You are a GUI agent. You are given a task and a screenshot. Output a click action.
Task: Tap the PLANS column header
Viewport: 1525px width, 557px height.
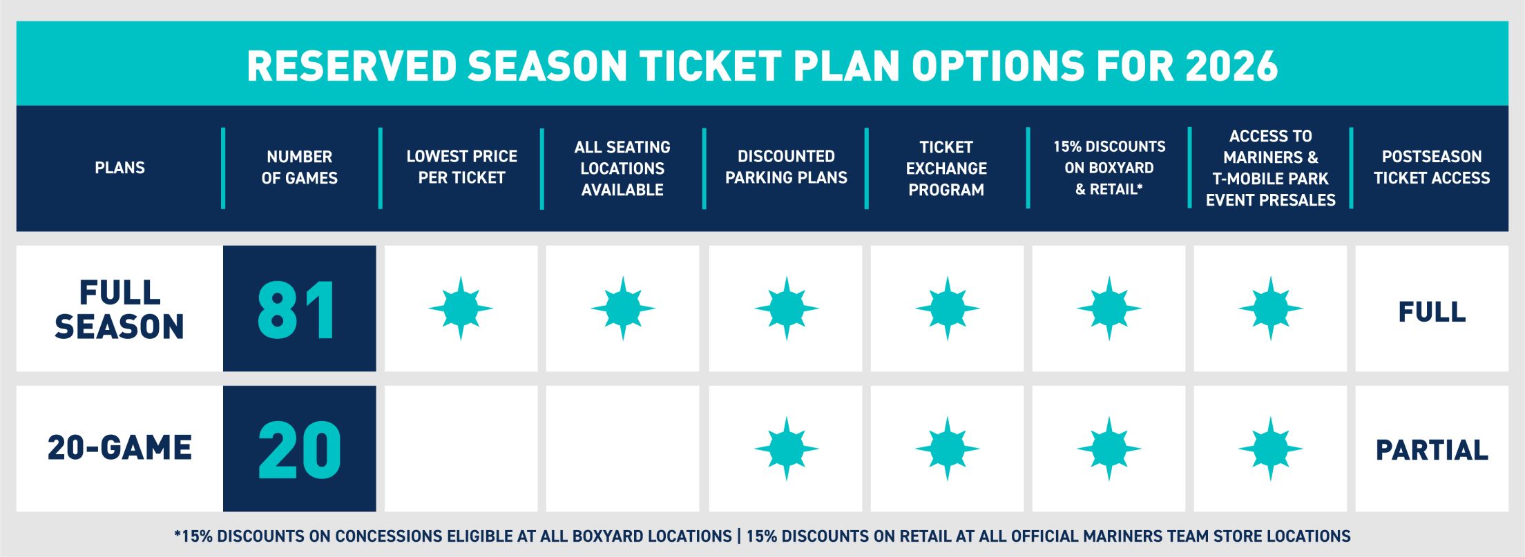coord(119,168)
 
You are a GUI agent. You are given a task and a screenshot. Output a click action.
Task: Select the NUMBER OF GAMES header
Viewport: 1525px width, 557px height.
coord(299,168)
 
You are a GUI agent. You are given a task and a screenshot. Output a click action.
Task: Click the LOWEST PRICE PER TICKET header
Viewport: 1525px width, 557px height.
coord(461,167)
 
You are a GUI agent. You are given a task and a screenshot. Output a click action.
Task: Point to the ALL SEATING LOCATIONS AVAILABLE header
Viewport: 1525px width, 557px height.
coord(622,168)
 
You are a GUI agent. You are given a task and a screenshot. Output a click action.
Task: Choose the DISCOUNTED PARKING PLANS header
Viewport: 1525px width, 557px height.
coord(786,167)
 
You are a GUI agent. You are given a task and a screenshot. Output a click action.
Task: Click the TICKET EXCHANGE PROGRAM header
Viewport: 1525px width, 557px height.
coord(946,168)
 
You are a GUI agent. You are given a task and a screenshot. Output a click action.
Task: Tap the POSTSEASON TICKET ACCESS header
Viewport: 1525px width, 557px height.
coord(1432,167)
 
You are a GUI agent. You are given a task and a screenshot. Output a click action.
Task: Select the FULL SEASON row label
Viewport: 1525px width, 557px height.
coord(119,309)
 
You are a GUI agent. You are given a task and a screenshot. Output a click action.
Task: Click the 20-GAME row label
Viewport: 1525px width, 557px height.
coord(119,448)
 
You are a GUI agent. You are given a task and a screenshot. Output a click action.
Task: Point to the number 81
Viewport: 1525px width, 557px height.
coord(298,310)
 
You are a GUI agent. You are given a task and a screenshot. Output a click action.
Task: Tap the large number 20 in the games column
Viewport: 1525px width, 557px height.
coord(299,450)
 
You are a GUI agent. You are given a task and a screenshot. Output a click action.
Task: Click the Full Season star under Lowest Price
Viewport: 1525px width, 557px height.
coord(461,309)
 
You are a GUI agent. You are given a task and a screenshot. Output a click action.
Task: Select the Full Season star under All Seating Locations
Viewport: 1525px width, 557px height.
coord(623,309)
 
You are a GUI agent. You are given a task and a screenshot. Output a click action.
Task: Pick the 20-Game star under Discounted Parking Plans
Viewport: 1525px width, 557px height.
coord(786,449)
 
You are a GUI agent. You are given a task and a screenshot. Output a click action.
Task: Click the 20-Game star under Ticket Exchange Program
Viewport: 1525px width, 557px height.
coord(948,449)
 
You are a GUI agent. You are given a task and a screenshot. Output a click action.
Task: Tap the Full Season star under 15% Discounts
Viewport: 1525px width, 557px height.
coord(1109,309)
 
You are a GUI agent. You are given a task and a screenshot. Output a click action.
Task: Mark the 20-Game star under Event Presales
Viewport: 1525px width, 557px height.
coord(1271,449)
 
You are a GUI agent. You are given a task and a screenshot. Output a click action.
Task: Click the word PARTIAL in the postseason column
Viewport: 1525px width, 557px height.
coord(1432,450)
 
